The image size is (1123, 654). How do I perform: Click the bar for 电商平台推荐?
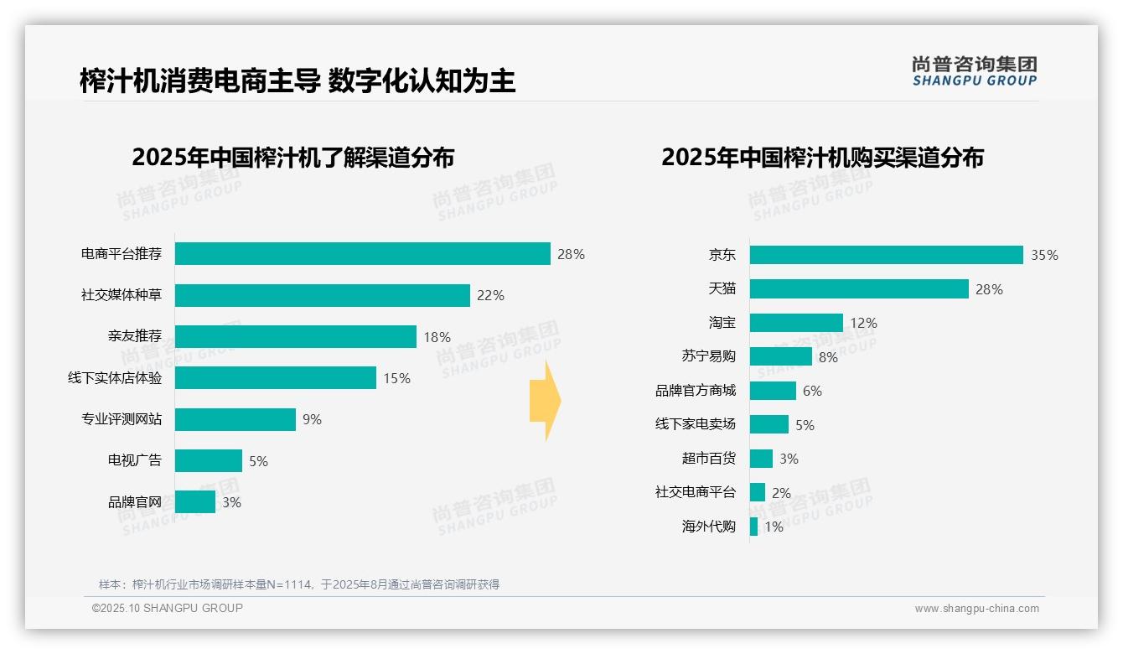pyautogui.click(x=362, y=254)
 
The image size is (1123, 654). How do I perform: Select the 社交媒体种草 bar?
pyautogui.click(x=322, y=295)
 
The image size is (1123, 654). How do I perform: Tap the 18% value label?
pyautogui.click(x=437, y=337)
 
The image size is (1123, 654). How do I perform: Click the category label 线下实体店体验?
pyautogui.click(x=115, y=378)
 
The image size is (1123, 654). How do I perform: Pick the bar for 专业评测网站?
pyautogui.click(x=235, y=419)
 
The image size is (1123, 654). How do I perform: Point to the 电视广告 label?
pyautogui.click(x=135, y=460)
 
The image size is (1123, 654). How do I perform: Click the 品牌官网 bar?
pyautogui.click(x=194, y=502)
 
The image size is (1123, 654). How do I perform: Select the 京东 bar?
pyautogui.click(x=886, y=255)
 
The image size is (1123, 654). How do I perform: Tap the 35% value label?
pyautogui.click(x=1044, y=256)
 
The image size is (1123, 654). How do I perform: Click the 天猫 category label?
pyautogui.click(x=722, y=288)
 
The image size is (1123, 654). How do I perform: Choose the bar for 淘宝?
pyautogui.click(x=796, y=323)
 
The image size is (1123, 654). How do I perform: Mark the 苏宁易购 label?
pyautogui.click(x=708, y=356)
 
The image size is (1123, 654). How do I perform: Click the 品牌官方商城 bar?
pyautogui.click(x=773, y=391)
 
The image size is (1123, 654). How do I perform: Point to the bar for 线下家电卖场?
pyautogui.click(x=769, y=424)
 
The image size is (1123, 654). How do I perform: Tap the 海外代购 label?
pyautogui.click(x=708, y=527)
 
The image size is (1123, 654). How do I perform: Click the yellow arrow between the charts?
pyautogui.click(x=546, y=402)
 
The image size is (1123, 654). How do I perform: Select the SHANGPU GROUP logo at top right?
pyautogui.click(x=974, y=71)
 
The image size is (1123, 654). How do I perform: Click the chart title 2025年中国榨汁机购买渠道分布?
pyautogui.click(x=822, y=158)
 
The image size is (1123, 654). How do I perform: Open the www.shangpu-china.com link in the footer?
pyautogui.click(x=976, y=609)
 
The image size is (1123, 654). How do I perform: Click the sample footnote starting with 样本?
pyautogui.click(x=298, y=584)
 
